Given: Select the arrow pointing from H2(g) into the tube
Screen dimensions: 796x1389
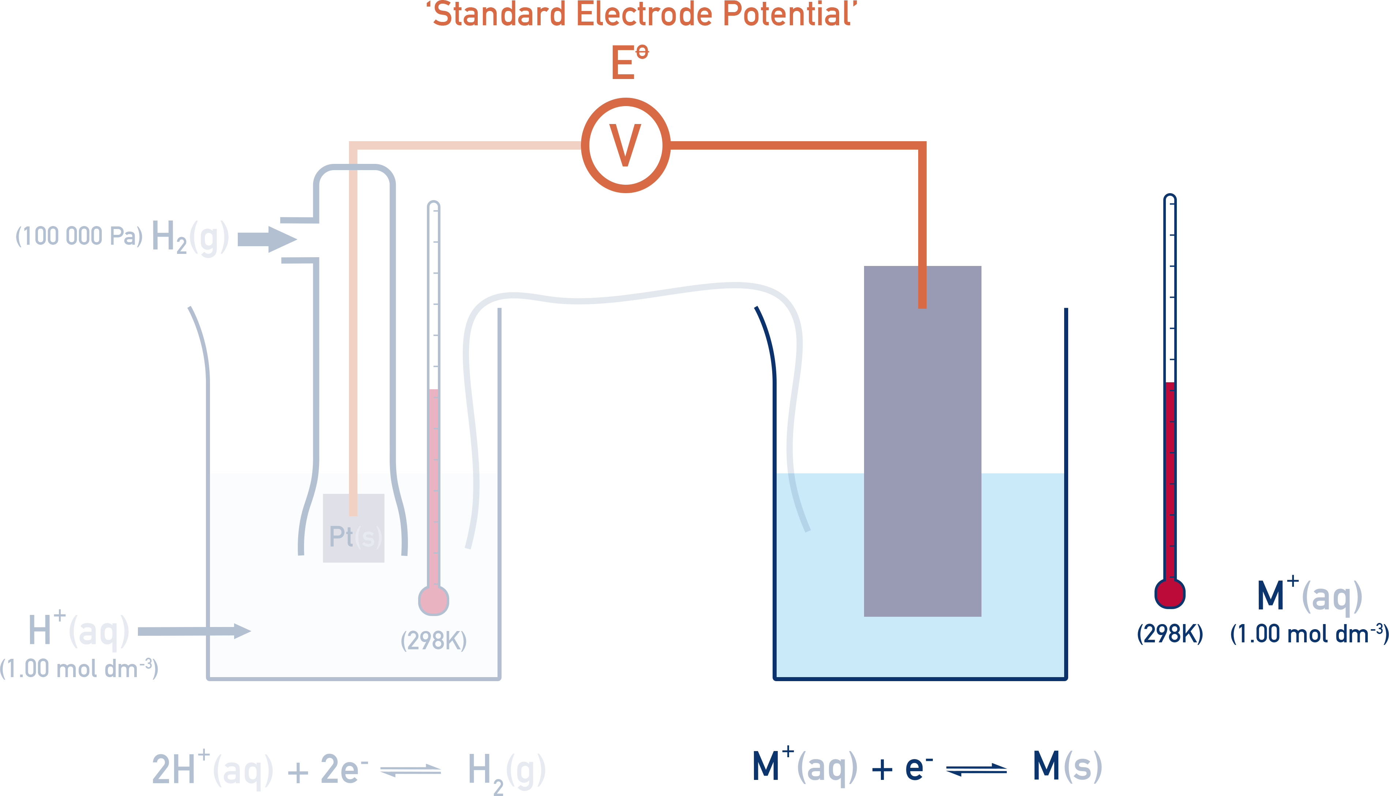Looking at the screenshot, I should coord(267,240).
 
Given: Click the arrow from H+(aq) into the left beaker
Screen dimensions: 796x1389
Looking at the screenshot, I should coord(194,631).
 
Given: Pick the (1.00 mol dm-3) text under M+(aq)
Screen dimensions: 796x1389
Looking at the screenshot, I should coord(1309,634).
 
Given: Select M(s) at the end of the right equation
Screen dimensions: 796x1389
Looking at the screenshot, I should coord(1066,766).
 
